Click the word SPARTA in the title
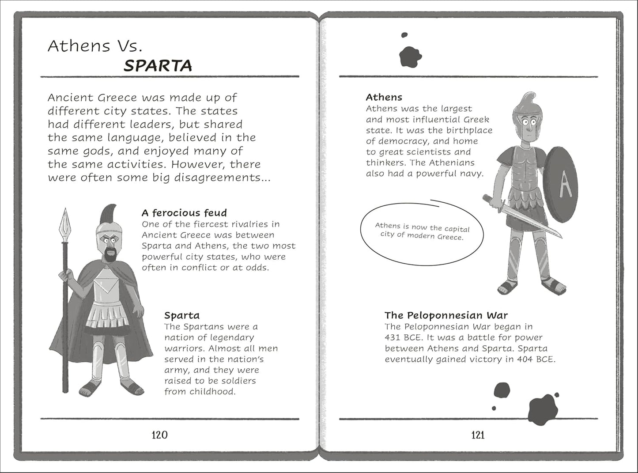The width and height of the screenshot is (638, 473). point(158,66)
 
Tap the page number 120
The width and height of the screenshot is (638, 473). point(159,435)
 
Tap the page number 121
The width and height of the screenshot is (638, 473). point(478,435)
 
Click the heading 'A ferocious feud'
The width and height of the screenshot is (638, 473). point(184,213)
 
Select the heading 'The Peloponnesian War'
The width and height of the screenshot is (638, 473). point(446,315)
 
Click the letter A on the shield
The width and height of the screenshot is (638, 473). point(565,185)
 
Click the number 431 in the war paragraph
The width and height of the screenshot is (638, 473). point(393,337)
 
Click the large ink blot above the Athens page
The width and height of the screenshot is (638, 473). point(410,57)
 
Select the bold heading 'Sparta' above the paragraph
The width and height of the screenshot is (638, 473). point(182,315)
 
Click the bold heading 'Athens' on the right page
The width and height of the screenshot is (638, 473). point(384,97)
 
